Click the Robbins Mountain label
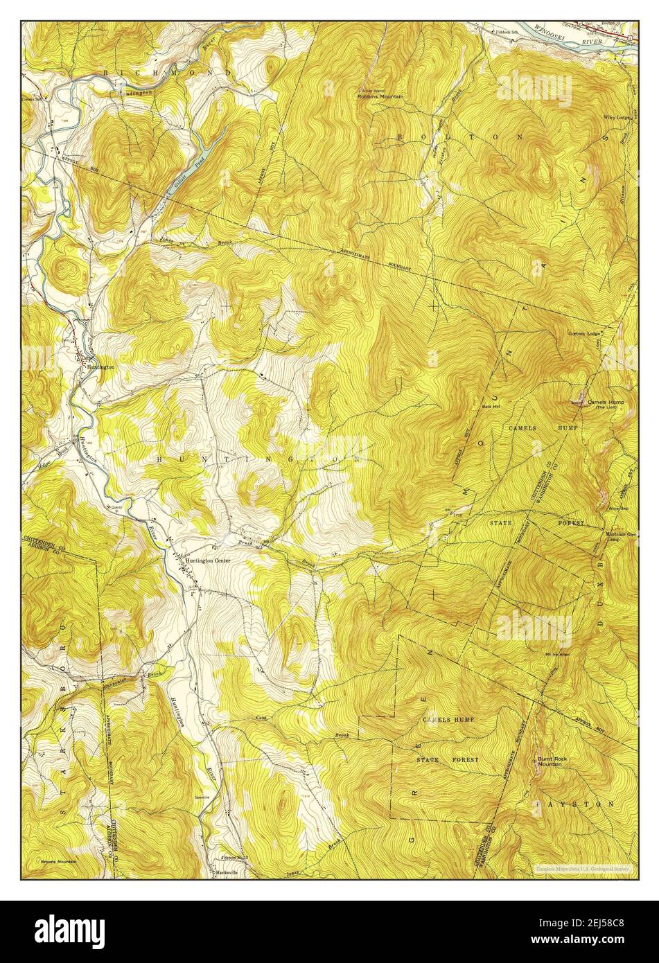coord(380,96)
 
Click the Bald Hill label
coord(491,407)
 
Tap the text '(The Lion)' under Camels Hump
coord(601,407)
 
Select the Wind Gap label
coord(617,509)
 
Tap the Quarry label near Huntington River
coord(114,507)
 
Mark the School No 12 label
coord(234,858)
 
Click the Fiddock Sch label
coord(507,32)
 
